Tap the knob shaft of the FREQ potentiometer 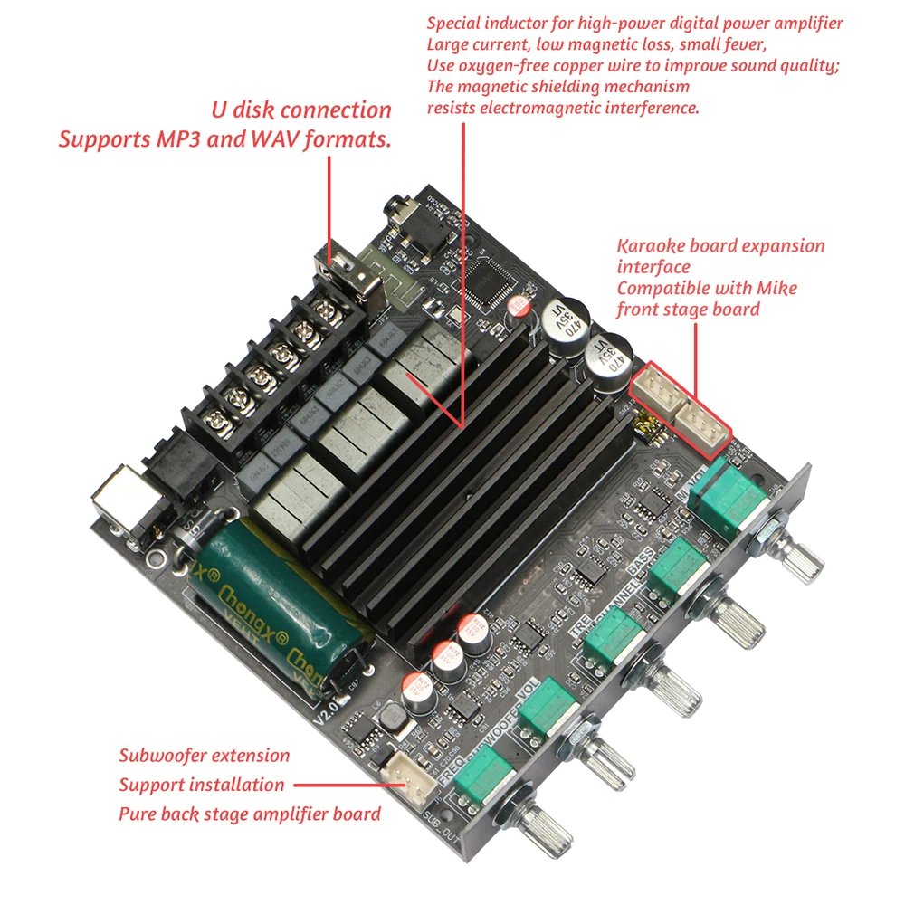[x=548, y=829]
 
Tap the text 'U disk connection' [x=301, y=110]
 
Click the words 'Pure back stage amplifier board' [x=250, y=814]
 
